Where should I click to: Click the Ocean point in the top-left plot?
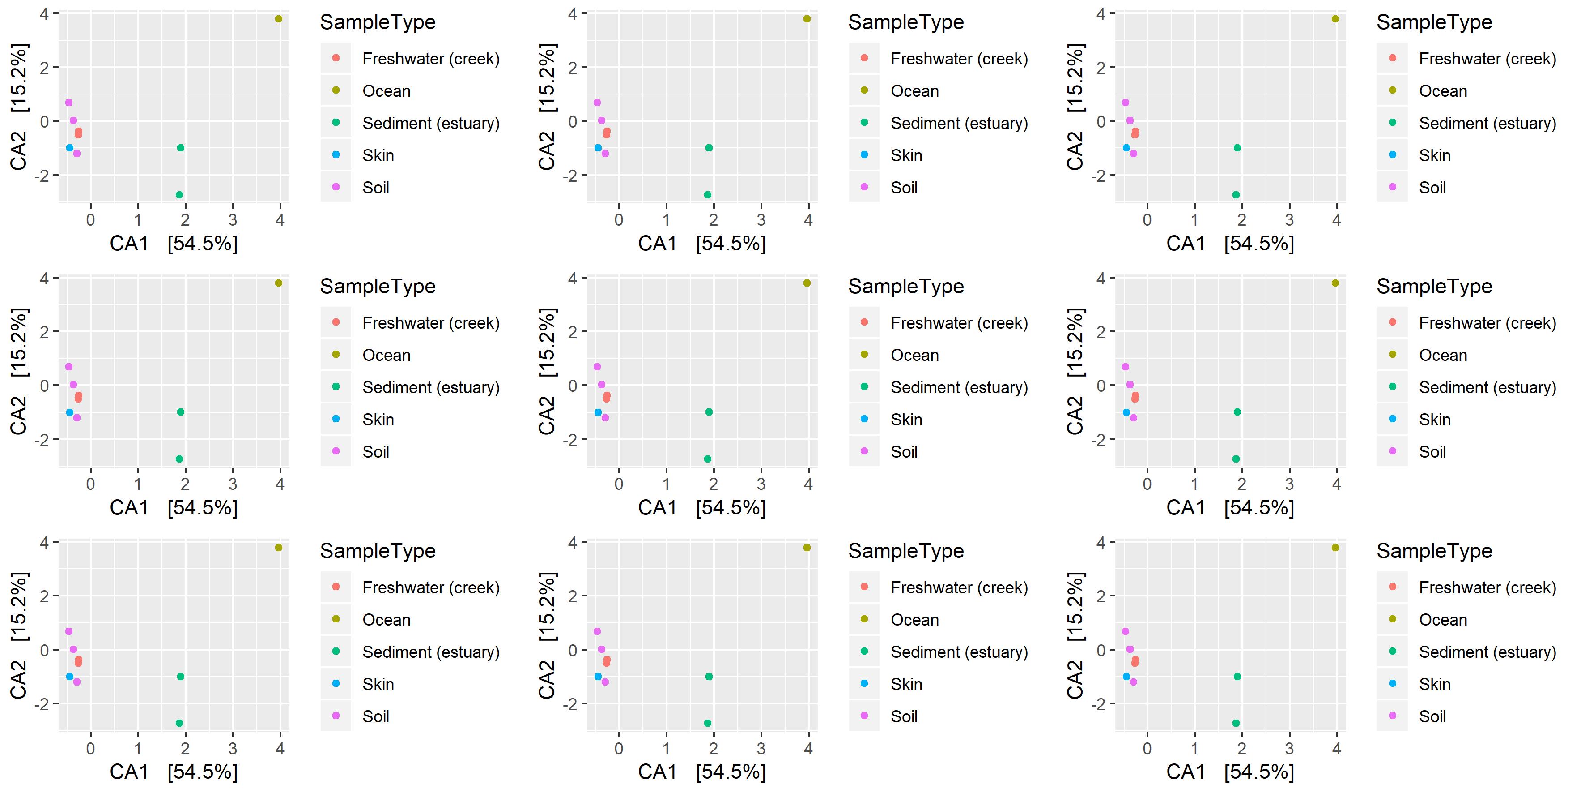(x=278, y=19)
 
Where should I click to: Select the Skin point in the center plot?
(x=598, y=412)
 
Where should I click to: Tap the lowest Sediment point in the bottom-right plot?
(x=1236, y=724)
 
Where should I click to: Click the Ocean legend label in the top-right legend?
(x=1443, y=91)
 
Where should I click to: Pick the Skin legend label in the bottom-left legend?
(x=378, y=684)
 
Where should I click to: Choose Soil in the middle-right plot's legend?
(x=1432, y=452)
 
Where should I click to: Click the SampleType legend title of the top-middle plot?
(x=906, y=22)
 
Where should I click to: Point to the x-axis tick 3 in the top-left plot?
(x=233, y=220)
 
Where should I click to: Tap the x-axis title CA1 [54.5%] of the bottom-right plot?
(x=1230, y=772)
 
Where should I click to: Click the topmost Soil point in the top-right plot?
(x=1126, y=103)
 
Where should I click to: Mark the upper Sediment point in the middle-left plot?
(x=180, y=412)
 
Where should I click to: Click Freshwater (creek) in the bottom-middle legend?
(x=959, y=587)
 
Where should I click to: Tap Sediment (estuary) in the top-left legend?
(x=431, y=123)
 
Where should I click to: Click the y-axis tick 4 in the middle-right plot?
(x=1101, y=279)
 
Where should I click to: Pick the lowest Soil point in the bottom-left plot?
(x=77, y=682)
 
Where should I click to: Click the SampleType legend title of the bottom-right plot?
(x=1434, y=551)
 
